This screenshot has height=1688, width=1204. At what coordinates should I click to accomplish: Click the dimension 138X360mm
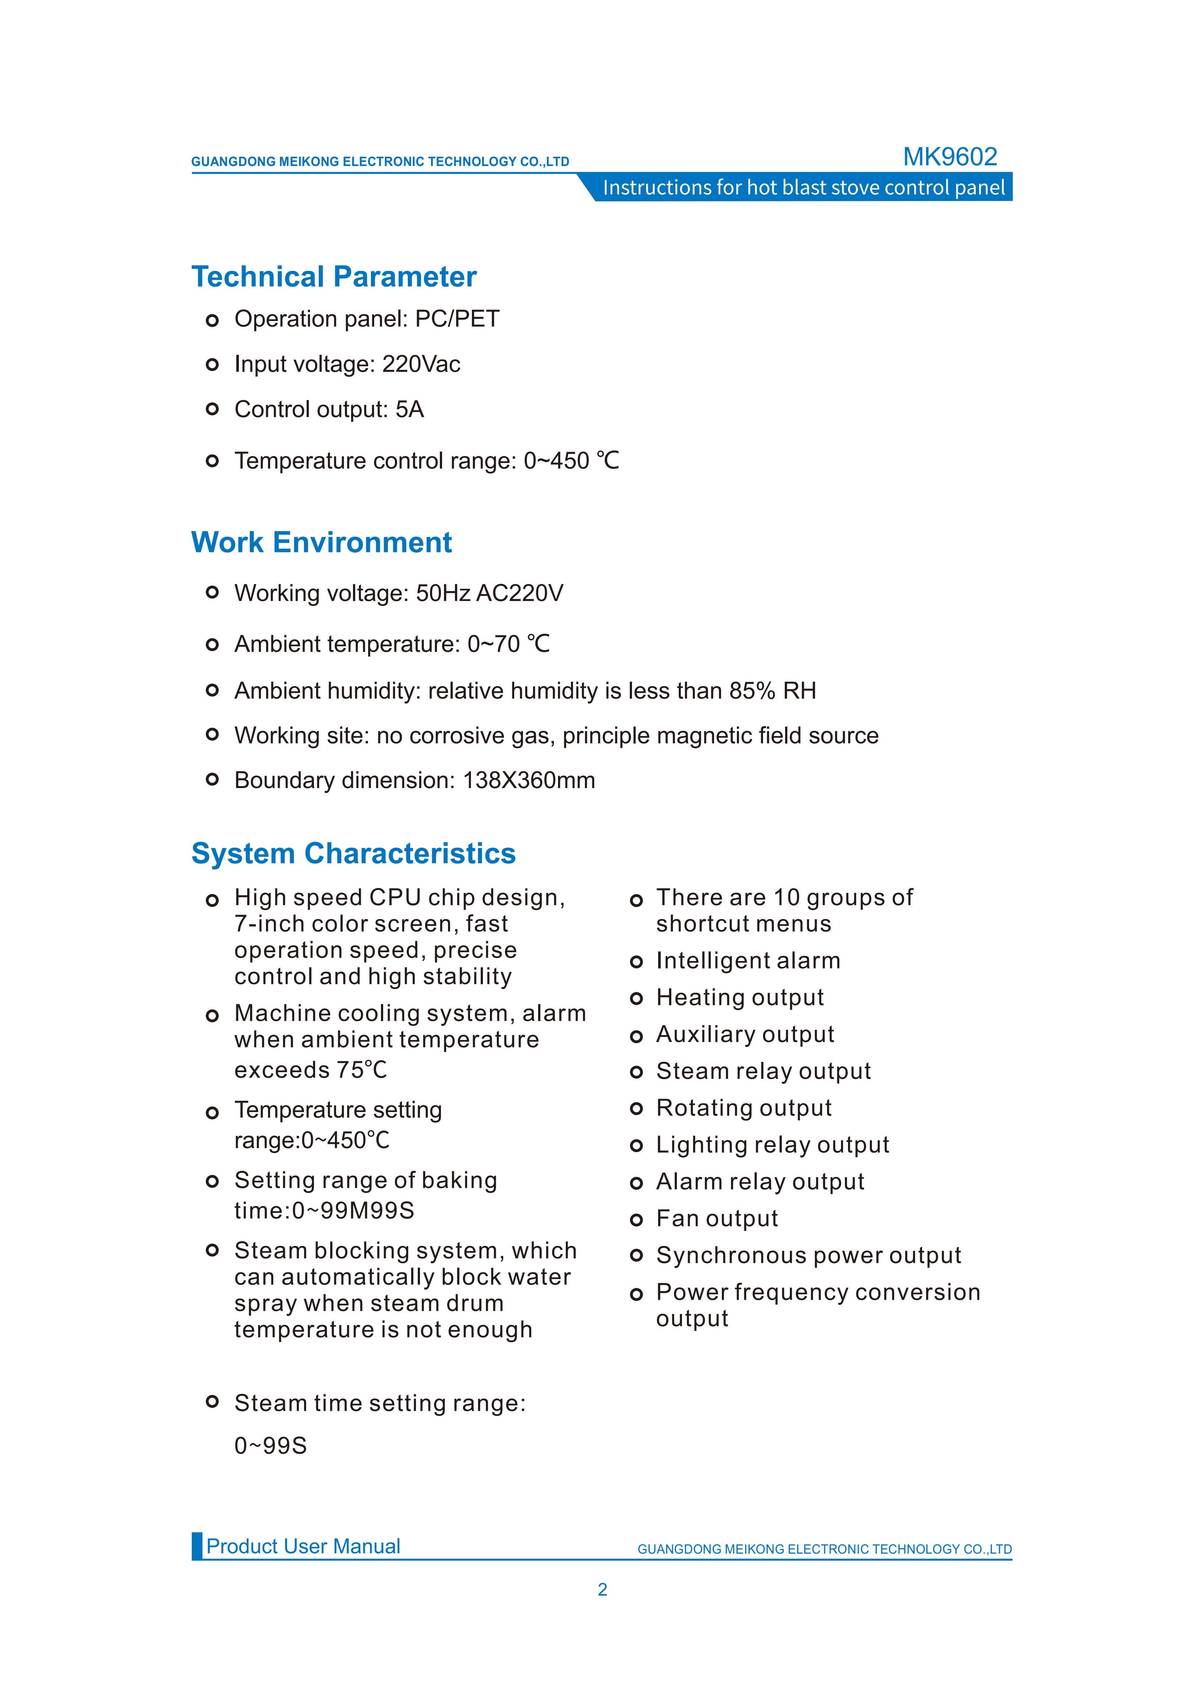coord(529,781)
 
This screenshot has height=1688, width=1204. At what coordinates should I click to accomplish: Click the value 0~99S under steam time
coord(271,1446)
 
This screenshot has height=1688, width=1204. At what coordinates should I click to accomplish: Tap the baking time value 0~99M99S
coord(353,1211)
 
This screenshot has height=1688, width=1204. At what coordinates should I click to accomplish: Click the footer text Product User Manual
coord(303,1546)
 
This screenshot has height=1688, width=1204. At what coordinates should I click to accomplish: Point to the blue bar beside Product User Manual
coord(197,1546)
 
